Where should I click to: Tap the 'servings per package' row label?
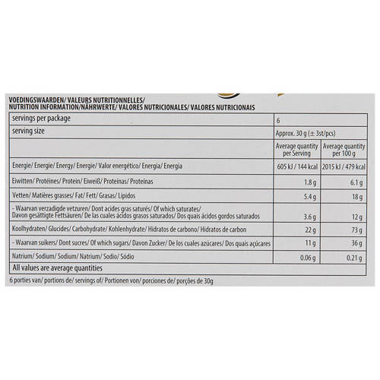pos(42,120)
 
